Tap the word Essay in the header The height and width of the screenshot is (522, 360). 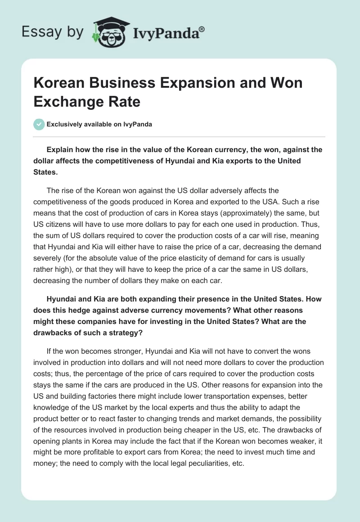pos(36,32)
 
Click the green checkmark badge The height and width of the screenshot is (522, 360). pos(39,124)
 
